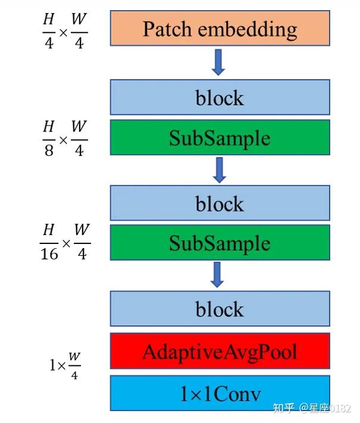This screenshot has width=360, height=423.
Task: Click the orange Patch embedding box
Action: (220, 29)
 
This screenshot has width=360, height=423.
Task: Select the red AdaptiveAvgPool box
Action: (220, 351)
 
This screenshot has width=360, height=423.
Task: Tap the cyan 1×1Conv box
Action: (220, 393)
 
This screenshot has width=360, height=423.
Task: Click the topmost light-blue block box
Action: (220, 98)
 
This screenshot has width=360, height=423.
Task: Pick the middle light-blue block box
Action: (220, 203)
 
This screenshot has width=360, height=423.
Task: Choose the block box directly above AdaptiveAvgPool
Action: (220, 309)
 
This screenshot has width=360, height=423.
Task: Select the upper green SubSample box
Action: (220, 138)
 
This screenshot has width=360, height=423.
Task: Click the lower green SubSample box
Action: (220, 243)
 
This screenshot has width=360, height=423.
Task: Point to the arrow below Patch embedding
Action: (218, 62)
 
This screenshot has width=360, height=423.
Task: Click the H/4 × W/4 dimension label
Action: (64, 32)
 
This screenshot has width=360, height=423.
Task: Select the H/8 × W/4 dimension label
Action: (64, 138)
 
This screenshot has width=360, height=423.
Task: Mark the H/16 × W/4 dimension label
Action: (64, 242)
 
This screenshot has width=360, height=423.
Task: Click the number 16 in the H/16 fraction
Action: (49, 254)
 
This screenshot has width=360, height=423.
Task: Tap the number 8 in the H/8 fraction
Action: (49, 150)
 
